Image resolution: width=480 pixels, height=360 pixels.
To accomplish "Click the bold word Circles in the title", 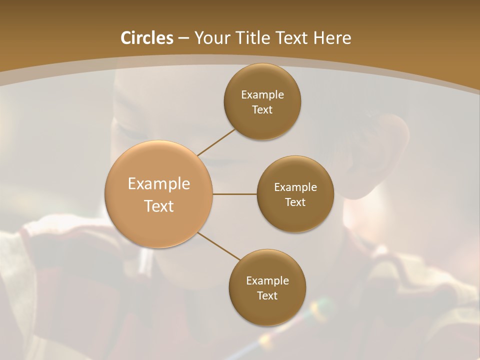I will (146, 38).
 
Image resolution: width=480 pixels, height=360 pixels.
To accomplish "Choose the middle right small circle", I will (295, 215).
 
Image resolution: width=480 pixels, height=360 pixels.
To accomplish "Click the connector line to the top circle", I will (216, 141).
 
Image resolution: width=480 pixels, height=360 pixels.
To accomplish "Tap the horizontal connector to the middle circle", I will (235, 194).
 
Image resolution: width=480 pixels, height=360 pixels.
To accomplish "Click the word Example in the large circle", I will (159, 184).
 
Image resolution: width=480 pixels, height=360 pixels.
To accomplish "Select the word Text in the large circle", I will (159, 206).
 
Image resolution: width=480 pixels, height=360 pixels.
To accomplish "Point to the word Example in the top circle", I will (262, 95).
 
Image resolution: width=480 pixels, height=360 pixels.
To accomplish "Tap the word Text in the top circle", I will (262, 110).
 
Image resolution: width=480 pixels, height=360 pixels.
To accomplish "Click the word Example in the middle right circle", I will (295, 187).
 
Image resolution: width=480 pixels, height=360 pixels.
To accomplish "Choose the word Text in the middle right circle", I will (295, 202).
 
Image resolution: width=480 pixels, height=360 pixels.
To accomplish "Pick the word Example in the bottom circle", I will (267, 281).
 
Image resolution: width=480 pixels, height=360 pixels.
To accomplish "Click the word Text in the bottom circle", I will (267, 296).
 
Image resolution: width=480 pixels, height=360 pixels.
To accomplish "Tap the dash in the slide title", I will (183, 38).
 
